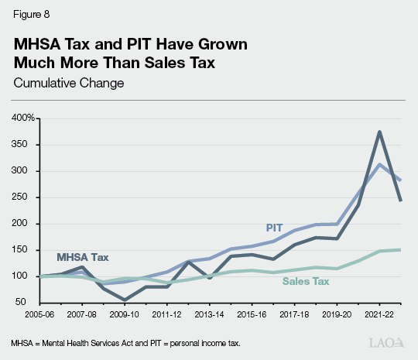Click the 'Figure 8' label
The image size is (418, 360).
pyautogui.click(x=29, y=13)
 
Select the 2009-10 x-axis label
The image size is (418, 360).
pyautogui.click(x=124, y=316)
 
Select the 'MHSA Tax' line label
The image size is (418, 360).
pyautogui.click(x=81, y=256)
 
